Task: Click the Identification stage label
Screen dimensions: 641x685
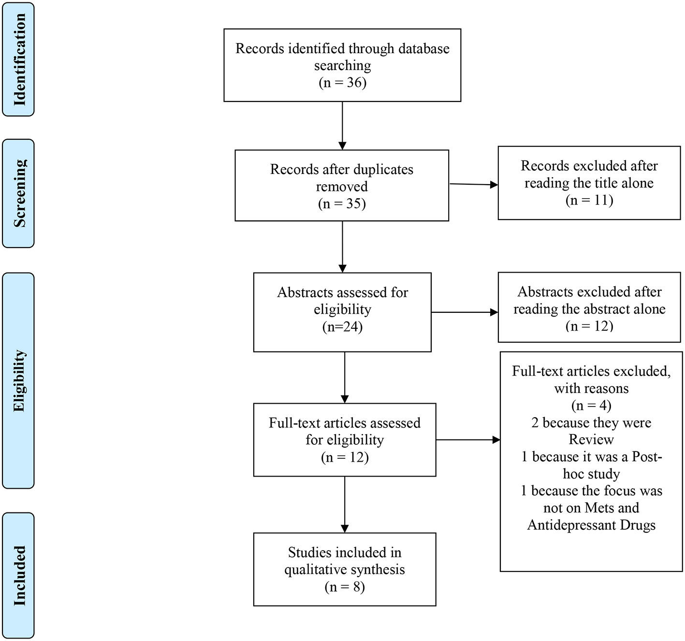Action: click(18, 59)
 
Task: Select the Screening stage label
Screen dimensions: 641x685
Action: click(18, 193)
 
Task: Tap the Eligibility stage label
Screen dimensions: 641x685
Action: click(18, 381)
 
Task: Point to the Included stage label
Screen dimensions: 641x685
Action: click(18, 575)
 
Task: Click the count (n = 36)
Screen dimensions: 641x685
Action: click(342, 83)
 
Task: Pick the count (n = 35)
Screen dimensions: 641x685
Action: click(342, 204)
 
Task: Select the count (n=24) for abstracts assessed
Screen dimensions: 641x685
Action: click(342, 327)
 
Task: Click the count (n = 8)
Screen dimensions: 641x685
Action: click(345, 587)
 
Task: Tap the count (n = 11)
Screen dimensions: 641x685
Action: click(589, 200)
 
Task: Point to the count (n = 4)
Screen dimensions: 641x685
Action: click(591, 405)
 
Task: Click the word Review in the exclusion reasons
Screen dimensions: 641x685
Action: click(591, 439)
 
